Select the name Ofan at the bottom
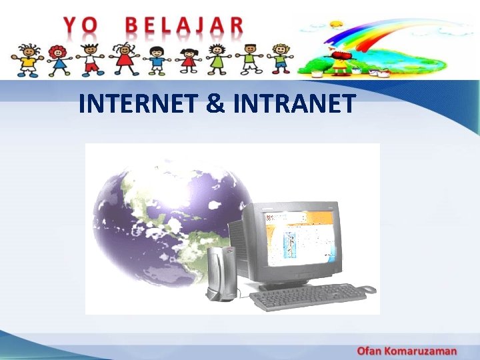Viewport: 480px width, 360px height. point(371,351)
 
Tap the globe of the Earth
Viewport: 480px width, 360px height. point(170,220)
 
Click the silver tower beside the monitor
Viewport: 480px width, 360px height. point(219,273)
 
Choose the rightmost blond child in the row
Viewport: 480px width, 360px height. point(281,59)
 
